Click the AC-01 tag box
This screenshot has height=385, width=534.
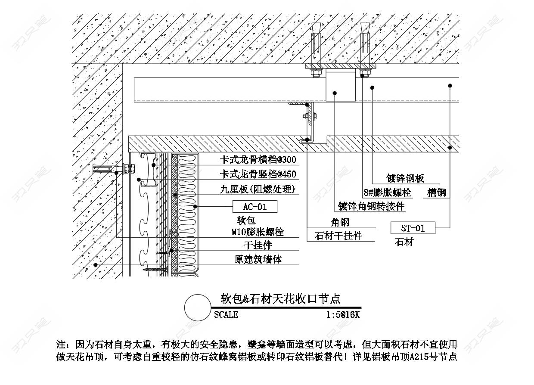pyautogui.click(x=255, y=206)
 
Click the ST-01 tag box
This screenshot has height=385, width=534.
pyautogui.click(x=413, y=228)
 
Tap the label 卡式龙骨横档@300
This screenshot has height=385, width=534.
pyautogui.click(x=258, y=159)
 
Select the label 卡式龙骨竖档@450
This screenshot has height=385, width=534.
pyautogui.click(x=258, y=174)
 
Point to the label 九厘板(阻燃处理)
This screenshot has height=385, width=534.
pyautogui.click(x=258, y=189)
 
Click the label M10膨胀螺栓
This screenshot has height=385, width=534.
pyautogui.click(x=258, y=232)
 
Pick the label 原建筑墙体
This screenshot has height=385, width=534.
pyautogui.click(x=258, y=259)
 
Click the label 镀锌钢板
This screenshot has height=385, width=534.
pyautogui.click(x=405, y=178)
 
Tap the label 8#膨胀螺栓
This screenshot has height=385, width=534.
pyautogui.click(x=388, y=192)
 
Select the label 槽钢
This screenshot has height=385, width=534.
pyautogui.click(x=437, y=192)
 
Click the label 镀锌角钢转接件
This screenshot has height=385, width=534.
pyautogui.click(x=371, y=206)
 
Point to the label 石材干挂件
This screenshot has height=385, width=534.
pyautogui.click(x=338, y=236)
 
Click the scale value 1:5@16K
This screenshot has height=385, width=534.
pyautogui.click(x=343, y=315)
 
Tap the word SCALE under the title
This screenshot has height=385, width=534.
pyautogui.click(x=226, y=315)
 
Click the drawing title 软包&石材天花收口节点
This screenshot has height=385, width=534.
pyautogui.click(x=281, y=298)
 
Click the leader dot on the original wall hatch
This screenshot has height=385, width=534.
pyautogui.click(x=96, y=265)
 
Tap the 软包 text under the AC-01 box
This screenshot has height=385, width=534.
pyautogui.click(x=246, y=220)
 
